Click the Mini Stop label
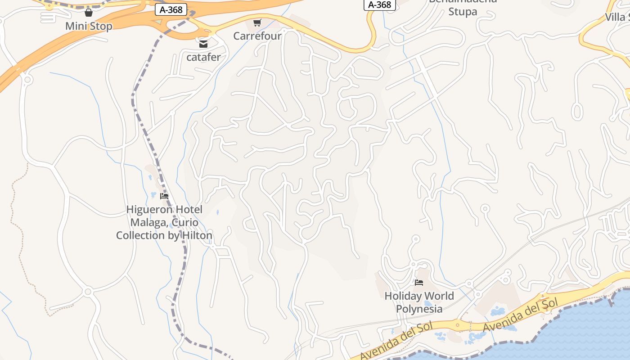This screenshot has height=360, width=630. click(x=89, y=26)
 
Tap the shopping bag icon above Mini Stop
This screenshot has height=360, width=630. click(x=89, y=12)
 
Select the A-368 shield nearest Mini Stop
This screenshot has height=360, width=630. click(x=171, y=10)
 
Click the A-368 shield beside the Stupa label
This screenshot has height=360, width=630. click(x=379, y=4)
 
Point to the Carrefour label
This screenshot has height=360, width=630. click(x=257, y=36)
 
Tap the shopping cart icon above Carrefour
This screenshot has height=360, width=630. click(x=257, y=22)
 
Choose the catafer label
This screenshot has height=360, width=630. click(x=203, y=57)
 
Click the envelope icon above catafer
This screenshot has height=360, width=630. click(x=203, y=44)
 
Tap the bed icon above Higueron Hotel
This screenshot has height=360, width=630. click(x=164, y=196)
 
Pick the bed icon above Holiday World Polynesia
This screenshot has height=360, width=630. click(x=419, y=283)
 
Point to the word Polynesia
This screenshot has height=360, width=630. click(x=419, y=309)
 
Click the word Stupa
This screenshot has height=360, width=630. click(x=463, y=12)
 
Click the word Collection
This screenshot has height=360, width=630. click(x=140, y=235)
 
